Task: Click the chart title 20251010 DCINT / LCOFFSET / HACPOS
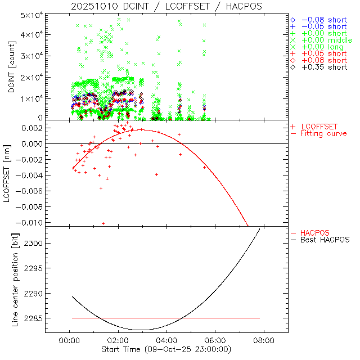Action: coord(166,6)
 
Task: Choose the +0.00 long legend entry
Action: coord(322,47)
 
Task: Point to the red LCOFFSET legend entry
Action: coord(320,127)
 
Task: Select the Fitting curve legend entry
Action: coord(323,133)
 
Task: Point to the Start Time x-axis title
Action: coord(166,349)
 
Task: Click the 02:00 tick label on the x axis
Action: coord(118,340)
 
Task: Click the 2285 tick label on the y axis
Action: coord(32,318)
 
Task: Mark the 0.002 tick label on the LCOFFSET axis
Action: coord(31,128)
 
